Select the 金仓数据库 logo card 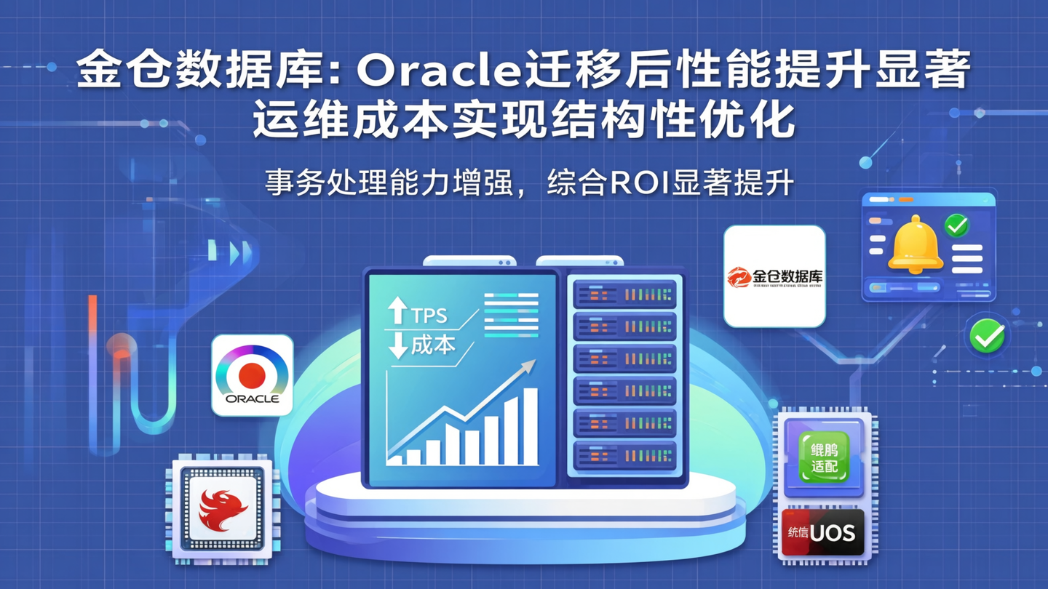(x=774, y=276)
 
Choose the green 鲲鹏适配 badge (x=824, y=457)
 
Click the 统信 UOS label (x=822, y=533)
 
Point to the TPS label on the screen (x=429, y=316)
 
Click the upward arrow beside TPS (x=397, y=311)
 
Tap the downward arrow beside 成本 (x=398, y=345)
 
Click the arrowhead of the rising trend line (x=529, y=366)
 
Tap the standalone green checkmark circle (x=987, y=337)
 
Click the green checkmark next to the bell (x=956, y=226)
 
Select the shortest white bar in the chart (x=395, y=460)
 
